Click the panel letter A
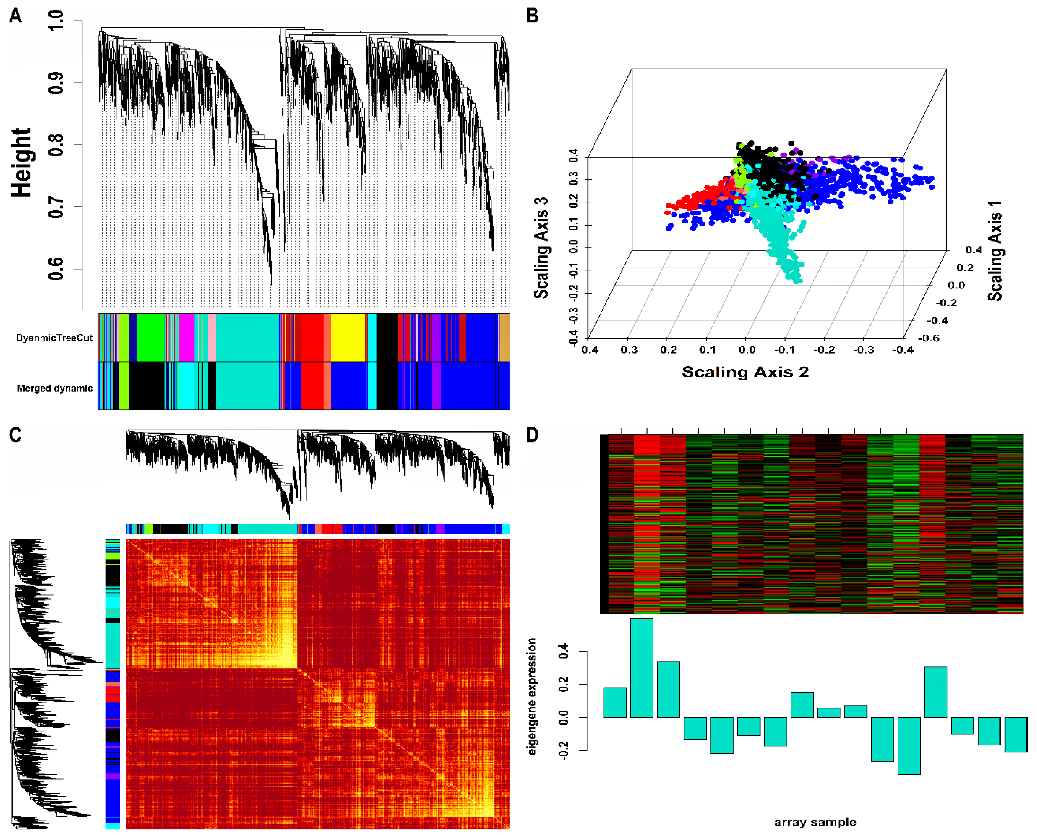click(x=15, y=16)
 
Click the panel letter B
click(x=532, y=16)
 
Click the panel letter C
click(x=15, y=435)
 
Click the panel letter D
click(x=532, y=435)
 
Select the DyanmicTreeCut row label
click(x=54, y=338)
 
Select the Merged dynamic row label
click(x=54, y=388)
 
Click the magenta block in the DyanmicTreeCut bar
click(x=186, y=337)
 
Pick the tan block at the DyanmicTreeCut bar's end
click(x=505, y=337)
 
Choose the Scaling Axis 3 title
click(x=541, y=248)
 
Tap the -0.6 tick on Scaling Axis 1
click(x=928, y=338)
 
